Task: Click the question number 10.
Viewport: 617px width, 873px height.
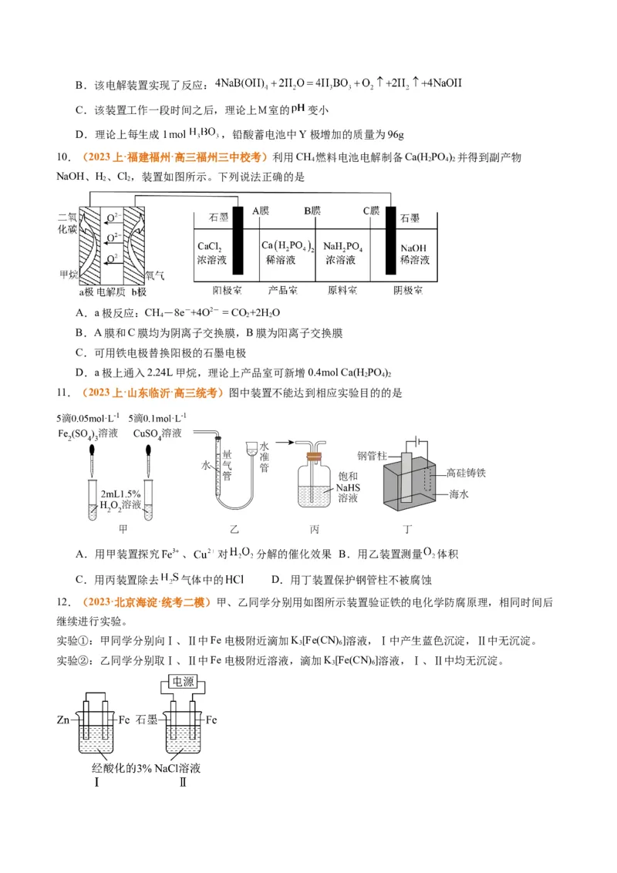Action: point(64,158)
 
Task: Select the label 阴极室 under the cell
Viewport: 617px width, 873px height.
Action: point(406,291)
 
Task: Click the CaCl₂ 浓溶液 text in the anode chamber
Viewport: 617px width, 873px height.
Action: point(210,253)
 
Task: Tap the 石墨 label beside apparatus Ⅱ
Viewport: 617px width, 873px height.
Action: point(147,720)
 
